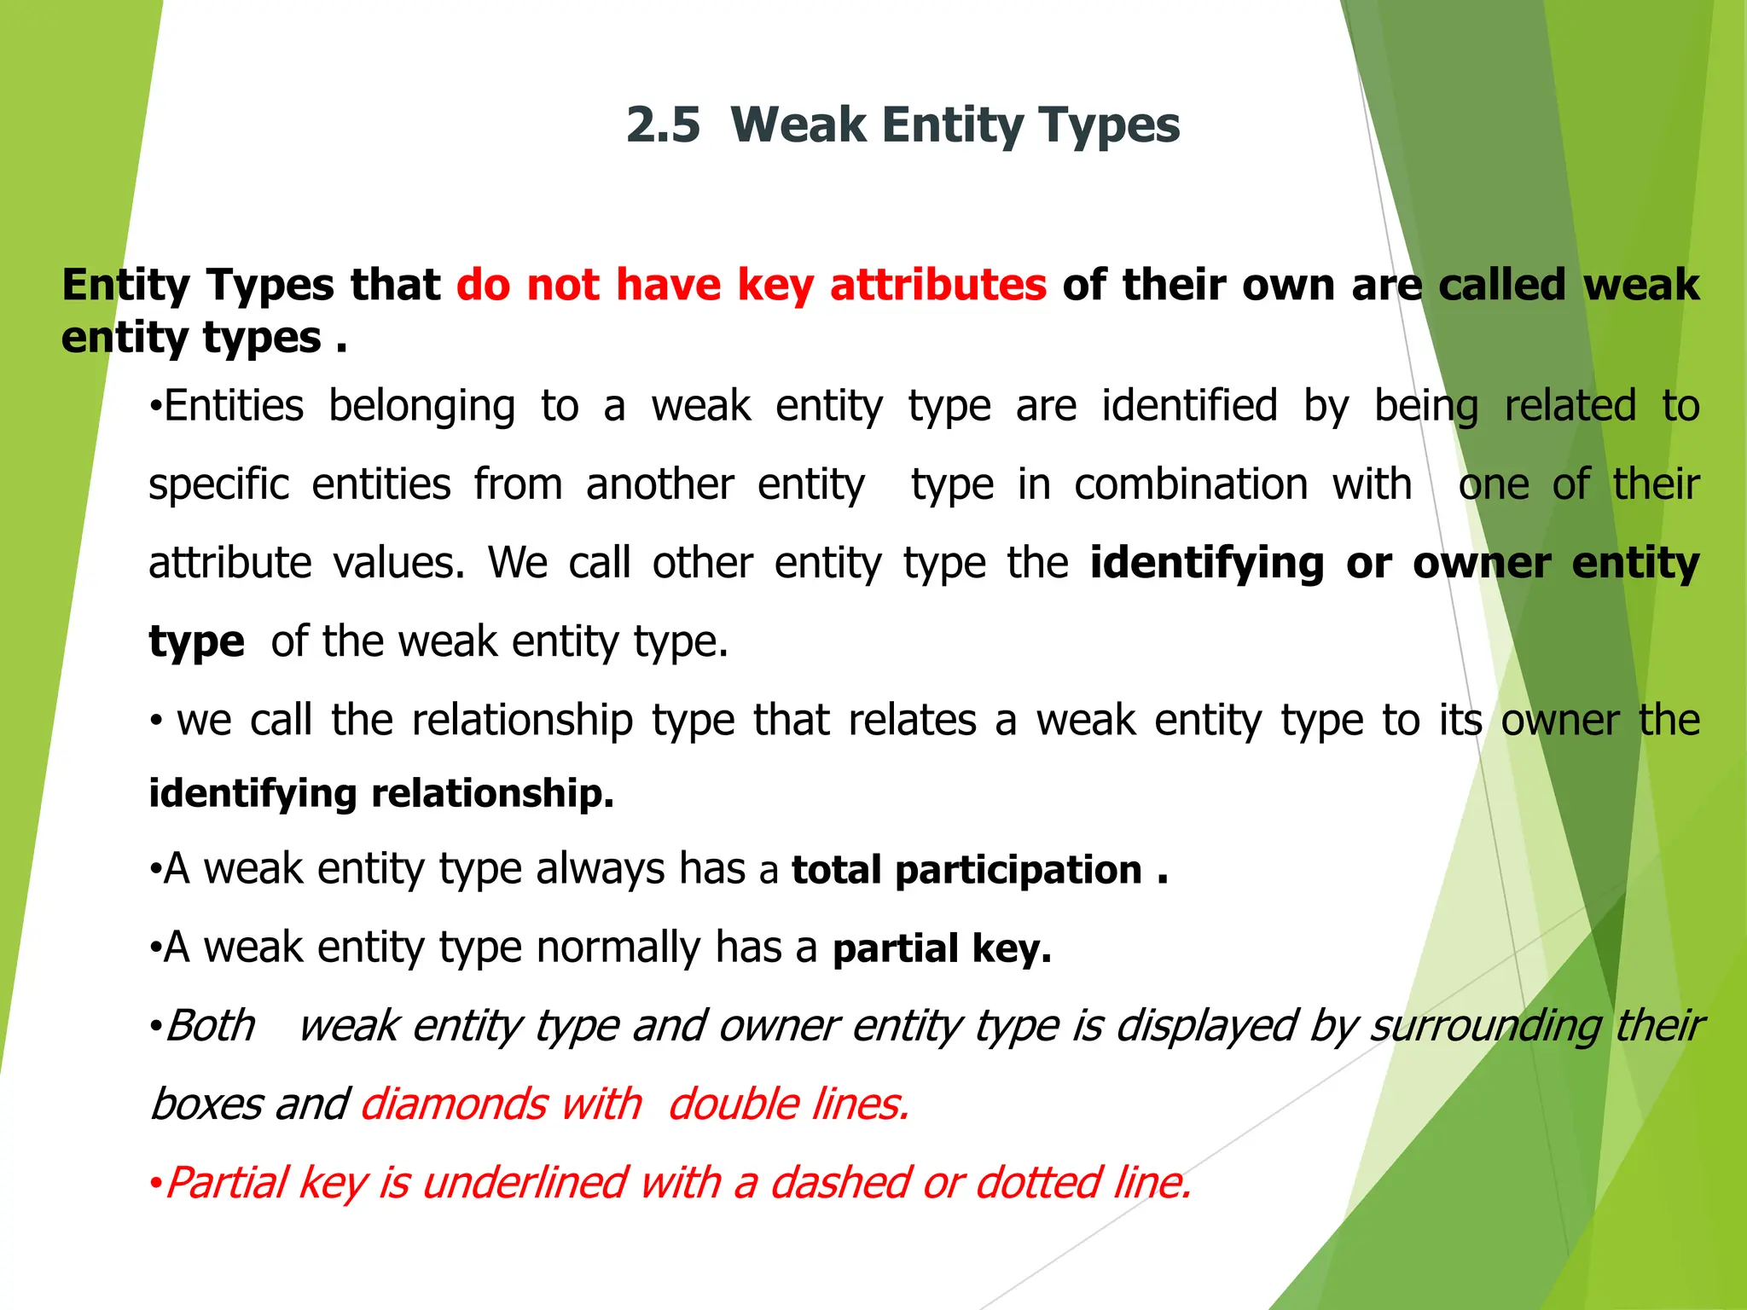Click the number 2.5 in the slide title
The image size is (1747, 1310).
click(x=663, y=125)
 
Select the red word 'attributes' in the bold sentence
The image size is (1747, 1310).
click(x=937, y=285)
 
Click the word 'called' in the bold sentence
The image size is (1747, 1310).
click(x=1502, y=285)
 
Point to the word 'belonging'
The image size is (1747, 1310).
click(x=422, y=407)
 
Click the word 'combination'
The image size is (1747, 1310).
click(x=1191, y=484)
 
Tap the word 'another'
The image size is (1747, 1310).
click(x=659, y=484)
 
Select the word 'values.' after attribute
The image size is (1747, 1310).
click(x=399, y=563)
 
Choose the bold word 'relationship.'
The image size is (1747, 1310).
click(x=492, y=794)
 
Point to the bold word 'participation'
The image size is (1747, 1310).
click(x=1019, y=871)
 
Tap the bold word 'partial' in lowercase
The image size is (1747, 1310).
click(x=896, y=948)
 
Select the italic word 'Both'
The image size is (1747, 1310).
click(x=211, y=1026)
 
